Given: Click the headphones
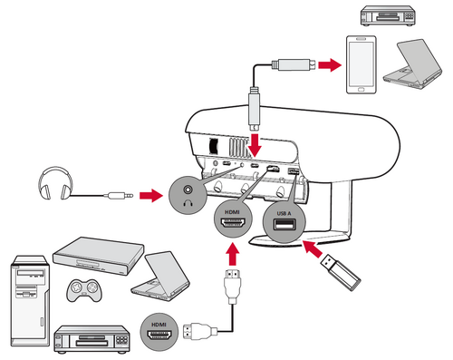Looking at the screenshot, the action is (x=55, y=183).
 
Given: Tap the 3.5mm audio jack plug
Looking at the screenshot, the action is (x=119, y=196).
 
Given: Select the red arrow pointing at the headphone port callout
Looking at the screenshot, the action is (x=151, y=196).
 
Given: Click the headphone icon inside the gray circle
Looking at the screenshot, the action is (x=188, y=203).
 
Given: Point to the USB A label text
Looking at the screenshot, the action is (x=284, y=213).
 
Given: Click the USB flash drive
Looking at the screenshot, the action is (x=341, y=273).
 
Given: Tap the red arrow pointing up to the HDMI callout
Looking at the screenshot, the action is (x=232, y=255).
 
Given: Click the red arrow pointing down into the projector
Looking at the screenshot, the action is (x=255, y=145).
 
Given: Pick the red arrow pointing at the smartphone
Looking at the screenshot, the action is (x=330, y=64).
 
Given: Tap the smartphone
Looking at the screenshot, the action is (x=361, y=64).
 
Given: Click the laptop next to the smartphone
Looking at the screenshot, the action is (x=412, y=64).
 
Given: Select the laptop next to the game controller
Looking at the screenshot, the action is (x=160, y=276).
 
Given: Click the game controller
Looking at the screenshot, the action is (x=84, y=290).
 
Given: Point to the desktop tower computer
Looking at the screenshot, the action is (x=30, y=301).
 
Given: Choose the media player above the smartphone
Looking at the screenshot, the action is (x=388, y=15).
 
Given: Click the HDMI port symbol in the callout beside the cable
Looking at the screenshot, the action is (x=159, y=335).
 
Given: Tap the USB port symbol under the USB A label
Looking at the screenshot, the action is (x=284, y=225).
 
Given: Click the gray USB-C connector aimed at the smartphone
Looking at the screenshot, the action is (x=294, y=64).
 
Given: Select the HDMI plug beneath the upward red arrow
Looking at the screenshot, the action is (x=232, y=286).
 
